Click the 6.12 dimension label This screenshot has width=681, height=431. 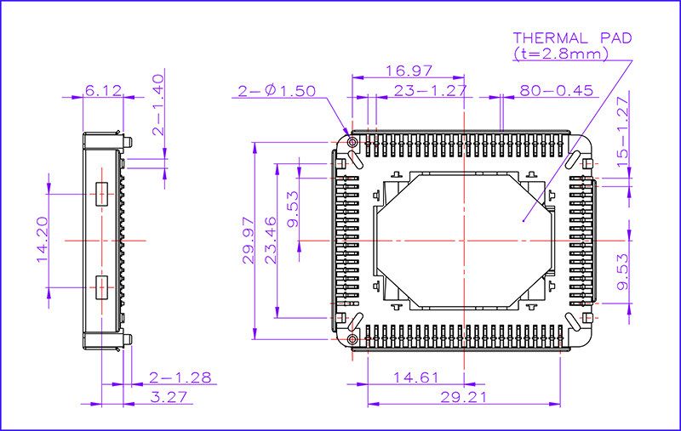tap(103, 91)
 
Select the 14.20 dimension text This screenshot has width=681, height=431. tap(42, 240)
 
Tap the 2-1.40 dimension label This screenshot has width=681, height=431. tap(158, 105)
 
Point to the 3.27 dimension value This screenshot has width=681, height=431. tap(169, 397)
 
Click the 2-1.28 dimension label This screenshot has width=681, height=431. tap(180, 377)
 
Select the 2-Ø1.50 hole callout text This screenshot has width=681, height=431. tap(277, 91)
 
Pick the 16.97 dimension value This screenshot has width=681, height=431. tap(409, 71)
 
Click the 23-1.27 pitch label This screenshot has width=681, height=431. tap(430, 91)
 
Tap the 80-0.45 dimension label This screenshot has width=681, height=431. tap(557, 91)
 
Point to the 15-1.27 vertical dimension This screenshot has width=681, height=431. tap(622, 132)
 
